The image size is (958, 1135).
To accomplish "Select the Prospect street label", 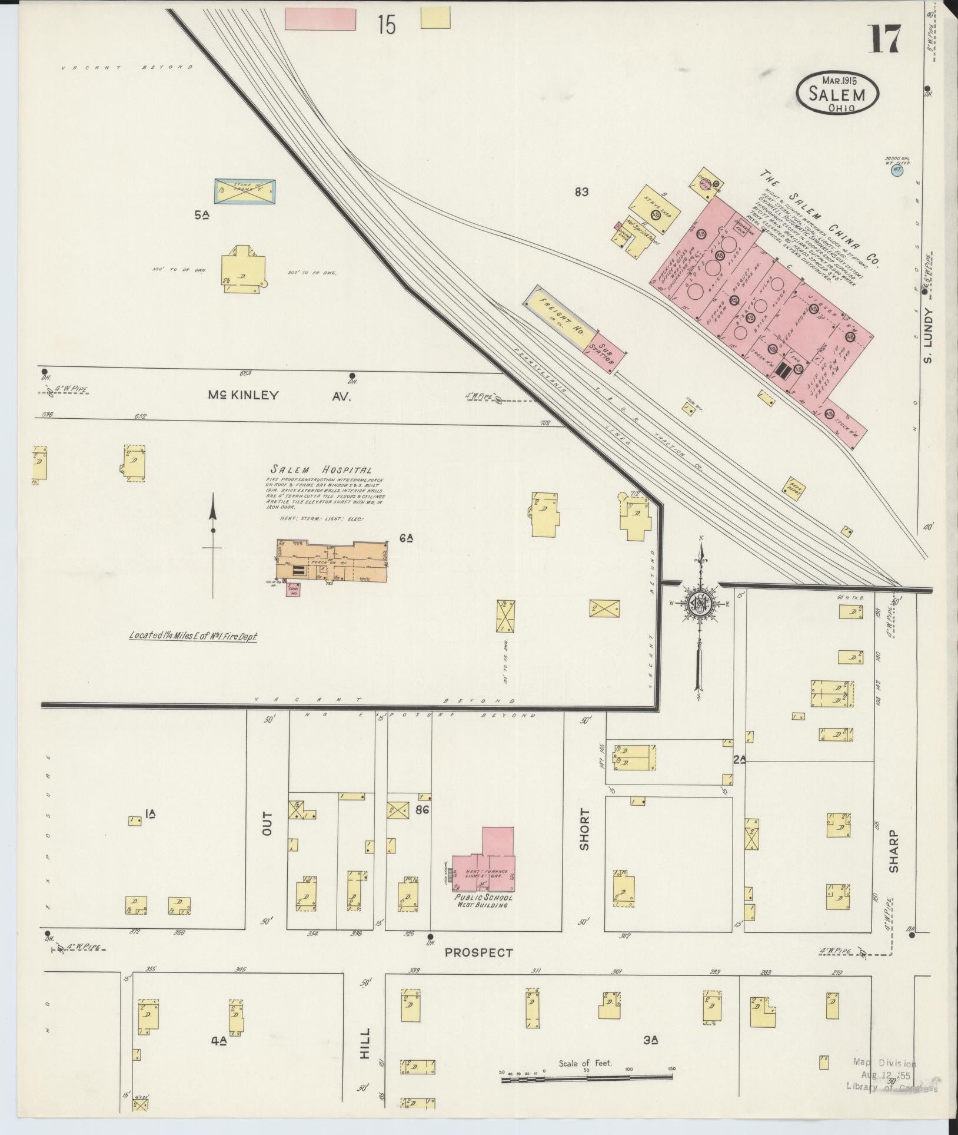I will pos(478,952).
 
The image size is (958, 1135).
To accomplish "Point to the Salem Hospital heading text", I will pos(321,470).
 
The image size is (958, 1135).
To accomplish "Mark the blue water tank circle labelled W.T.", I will pos(897,171).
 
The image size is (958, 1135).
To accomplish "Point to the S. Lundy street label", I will pos(929,336).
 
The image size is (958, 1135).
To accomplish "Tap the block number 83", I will pos(582,191).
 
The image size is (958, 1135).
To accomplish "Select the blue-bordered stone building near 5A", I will pos(244,190).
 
